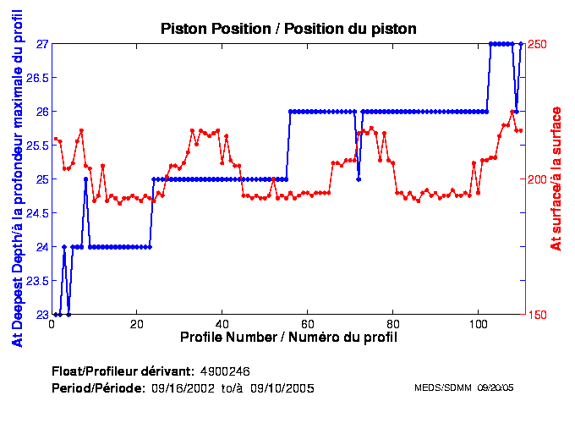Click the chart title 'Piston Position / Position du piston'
[288, 29]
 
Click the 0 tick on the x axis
[52, 324]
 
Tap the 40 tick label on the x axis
[222, 324]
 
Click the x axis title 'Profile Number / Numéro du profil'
[288, 338]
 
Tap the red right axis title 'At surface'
[556, 179]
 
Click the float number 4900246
[225, 371]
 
